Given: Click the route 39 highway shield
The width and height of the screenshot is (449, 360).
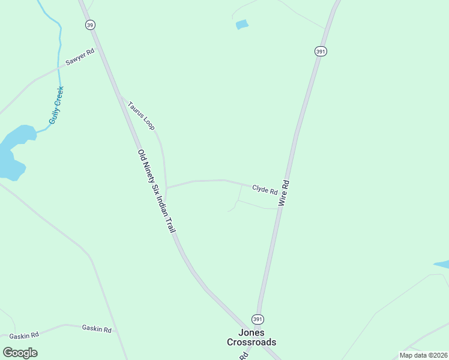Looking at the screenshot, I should [x=90, y=25].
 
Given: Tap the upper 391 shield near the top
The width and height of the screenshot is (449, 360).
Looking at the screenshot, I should [x=321, y=52].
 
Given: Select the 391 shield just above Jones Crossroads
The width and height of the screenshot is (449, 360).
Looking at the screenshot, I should [x=258, y=319].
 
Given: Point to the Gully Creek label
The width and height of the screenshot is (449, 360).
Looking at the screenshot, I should [x=56, y=106].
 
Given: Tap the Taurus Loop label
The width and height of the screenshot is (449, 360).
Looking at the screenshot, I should [x=141, y=115].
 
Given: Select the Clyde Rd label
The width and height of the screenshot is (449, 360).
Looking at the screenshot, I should [x=265, y=190].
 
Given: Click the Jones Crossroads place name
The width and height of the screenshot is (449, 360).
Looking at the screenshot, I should [x=252, y=337].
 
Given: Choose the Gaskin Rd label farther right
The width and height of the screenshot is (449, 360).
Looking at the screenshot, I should [x=97, y=329].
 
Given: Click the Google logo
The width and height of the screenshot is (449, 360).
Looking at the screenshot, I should [x=20, y=353].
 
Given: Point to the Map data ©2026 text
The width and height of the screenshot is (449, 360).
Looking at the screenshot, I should [x=423, y=355].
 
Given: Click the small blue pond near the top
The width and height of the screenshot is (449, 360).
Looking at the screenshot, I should [x=242, y=25].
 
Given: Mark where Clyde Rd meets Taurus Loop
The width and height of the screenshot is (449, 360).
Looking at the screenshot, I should [x=167, y=187].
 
